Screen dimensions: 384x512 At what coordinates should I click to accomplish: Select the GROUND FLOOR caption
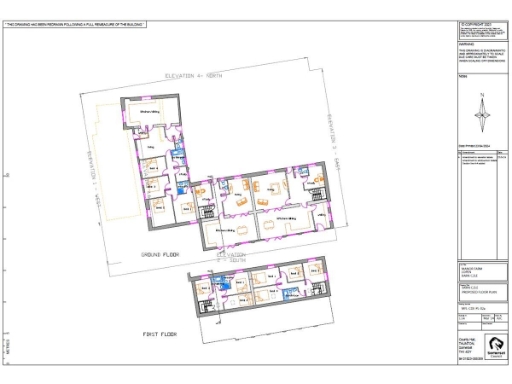(x=159, y=256)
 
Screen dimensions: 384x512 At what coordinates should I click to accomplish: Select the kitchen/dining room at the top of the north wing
(x=152, y=113)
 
